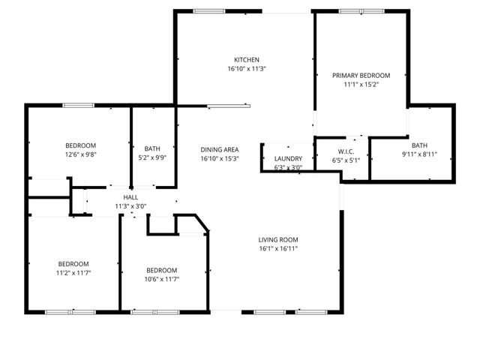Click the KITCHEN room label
click(246, 60)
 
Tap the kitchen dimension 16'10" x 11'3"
click(246, 68)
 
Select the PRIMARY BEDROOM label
click(361, 76)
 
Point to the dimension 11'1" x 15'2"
click(361, 85)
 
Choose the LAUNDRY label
click(288, 159)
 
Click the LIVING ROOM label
click(278, 240)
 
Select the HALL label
click(130, 197)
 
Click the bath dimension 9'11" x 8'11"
click(419, 154)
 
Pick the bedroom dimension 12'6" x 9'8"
click(79, 154)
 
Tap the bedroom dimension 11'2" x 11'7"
click(73, 273)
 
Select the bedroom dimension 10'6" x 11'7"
click(161, 279)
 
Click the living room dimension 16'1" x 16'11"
click(278, 249)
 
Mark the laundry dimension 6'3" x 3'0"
click(288, 168)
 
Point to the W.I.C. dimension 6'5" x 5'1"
click(346, 160)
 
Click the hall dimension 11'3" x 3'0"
click(130, 206)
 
